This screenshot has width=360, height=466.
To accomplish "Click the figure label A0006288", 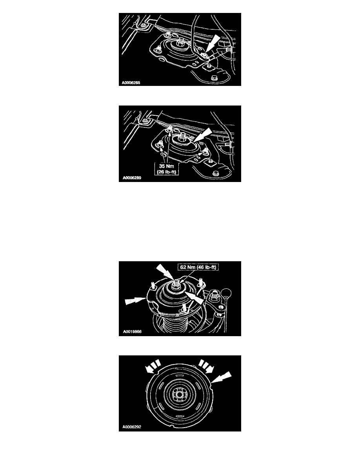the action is [131, 83].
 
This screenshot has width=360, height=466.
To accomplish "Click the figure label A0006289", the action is [132, 178].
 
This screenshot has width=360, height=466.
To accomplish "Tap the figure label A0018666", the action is [132, 331].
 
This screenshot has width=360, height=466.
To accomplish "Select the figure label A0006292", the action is [132, 427].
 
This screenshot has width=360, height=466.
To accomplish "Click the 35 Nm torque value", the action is [166, 166].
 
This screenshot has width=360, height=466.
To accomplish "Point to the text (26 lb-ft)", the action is [167, 171].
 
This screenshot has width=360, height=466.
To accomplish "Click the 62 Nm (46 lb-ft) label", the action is [198, 267].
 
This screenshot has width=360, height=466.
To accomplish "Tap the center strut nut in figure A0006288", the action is [180, 44].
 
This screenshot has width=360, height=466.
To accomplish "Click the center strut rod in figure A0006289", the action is [182, 137].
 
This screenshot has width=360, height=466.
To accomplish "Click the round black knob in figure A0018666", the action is [227, 292].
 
